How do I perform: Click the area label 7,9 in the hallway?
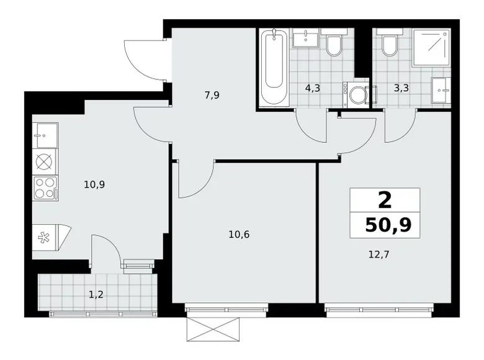[x=212, y=95]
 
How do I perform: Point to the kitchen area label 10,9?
[x=95, y=184]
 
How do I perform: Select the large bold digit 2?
[x=385, y=200]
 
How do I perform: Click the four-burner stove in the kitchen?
[x=44, y=187]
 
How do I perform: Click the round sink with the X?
[x=44, y=161]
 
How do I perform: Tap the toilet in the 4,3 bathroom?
[x=334, y=45]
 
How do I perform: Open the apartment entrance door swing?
[x=145, y=59]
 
